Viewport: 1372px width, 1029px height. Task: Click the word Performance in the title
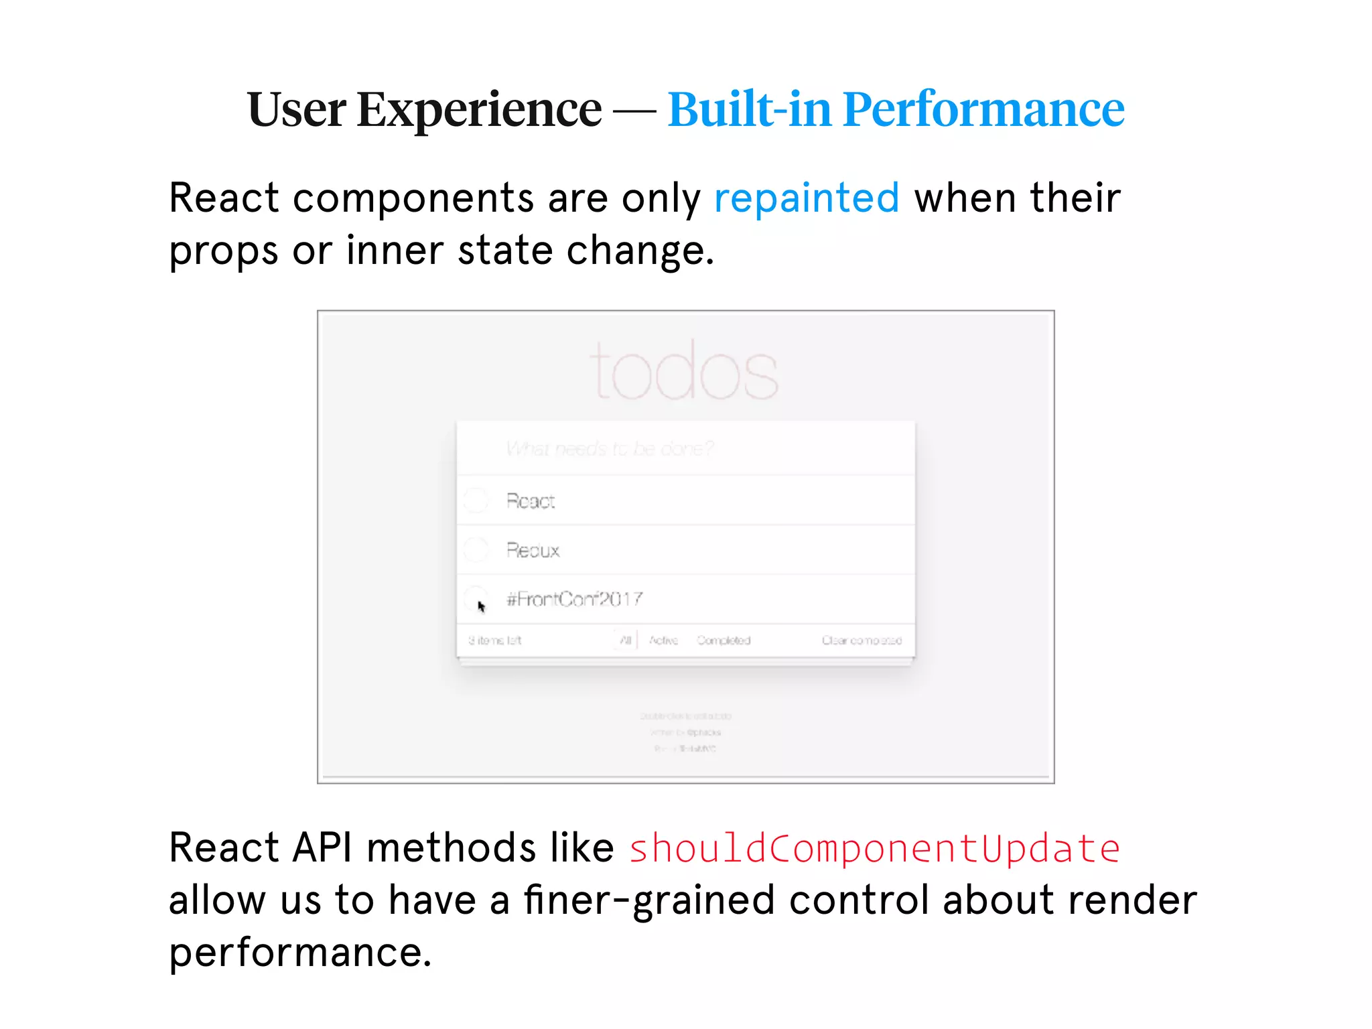click(983, 109)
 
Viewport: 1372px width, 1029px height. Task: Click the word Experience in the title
click(479, 109)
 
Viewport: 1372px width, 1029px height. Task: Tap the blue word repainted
click(807, 198)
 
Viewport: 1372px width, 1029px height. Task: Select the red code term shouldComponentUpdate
click(874, 849)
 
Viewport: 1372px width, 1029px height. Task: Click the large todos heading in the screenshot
click(685, 370)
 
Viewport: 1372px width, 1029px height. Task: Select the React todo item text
click(531, 501)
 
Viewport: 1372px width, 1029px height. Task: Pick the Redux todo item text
click(533, 551)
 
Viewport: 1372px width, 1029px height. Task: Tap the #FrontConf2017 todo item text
click(575, 599)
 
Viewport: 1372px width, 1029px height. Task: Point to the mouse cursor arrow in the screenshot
click(481, 607)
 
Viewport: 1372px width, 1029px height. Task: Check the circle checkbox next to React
click(476, 500)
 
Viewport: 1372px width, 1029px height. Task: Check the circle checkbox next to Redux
click(476, 550)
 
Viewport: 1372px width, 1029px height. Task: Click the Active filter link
click(663, 640)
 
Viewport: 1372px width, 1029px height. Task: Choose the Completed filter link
click(724, 640)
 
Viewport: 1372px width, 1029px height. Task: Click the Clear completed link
click(862, 640)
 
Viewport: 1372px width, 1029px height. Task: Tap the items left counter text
click(494, 640)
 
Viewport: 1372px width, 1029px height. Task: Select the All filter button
click(626, 640)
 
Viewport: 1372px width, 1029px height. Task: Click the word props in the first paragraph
click(223, 252)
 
